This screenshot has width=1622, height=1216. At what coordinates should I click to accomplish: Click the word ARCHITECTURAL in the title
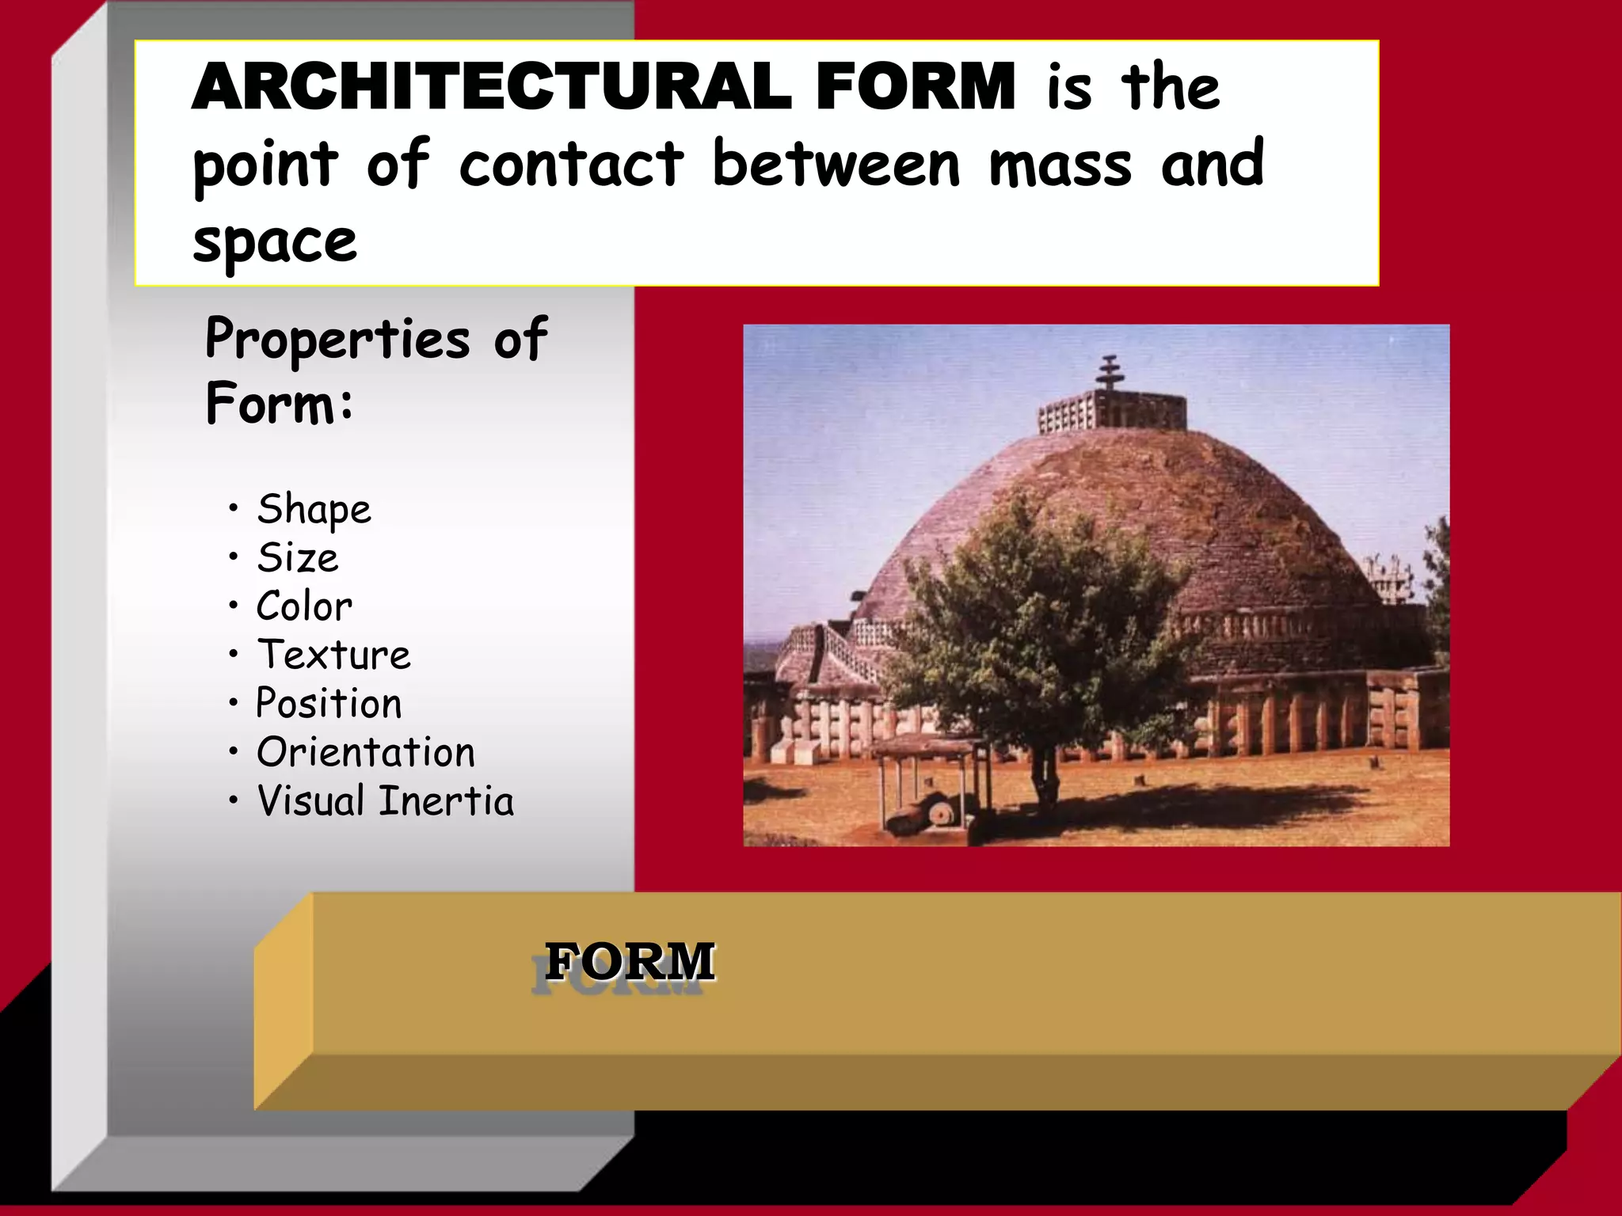491,87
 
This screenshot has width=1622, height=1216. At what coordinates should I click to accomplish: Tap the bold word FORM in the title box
915,87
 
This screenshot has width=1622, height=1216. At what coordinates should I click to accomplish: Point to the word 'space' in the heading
275,241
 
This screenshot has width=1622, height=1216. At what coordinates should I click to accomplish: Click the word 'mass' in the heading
1060,165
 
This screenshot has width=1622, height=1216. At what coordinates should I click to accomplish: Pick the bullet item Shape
314,509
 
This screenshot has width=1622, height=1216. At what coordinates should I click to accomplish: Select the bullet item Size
298,558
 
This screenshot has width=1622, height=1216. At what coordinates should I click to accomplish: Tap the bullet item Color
304,606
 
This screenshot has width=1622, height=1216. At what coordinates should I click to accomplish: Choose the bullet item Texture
333,655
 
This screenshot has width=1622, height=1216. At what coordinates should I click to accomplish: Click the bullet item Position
329,704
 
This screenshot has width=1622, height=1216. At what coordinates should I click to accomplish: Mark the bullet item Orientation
365,752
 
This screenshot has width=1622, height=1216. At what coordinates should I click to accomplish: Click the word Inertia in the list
446,801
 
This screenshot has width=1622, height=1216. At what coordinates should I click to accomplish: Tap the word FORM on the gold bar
630,962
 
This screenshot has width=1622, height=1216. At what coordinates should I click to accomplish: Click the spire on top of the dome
1110,372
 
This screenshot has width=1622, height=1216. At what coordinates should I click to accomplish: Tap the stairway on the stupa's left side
840,649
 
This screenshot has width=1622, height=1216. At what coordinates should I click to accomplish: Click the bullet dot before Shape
233,507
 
